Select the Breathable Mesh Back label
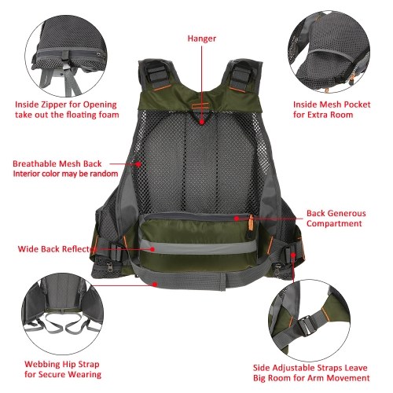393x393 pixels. [x=60, y=163]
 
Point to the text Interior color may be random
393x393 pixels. [x=65, y=174]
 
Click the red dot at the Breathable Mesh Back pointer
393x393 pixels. [x=138, y=165]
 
